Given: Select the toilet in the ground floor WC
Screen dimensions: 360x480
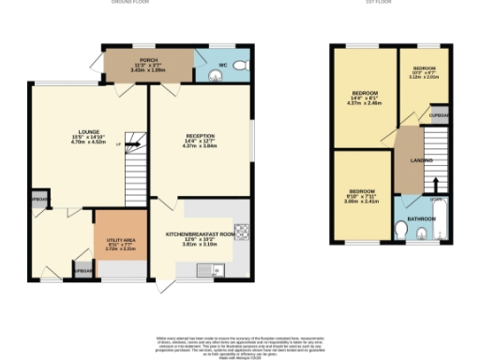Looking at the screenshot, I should coord(238,65).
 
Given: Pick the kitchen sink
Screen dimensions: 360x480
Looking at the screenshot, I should coord(207,272).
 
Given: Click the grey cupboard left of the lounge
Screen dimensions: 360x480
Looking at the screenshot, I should coord(39,200).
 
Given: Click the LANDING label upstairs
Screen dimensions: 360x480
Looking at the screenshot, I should coord(409,161).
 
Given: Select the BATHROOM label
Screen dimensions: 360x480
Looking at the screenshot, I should coord(422,218).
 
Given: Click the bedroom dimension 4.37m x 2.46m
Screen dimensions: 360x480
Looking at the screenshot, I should coord(365,102).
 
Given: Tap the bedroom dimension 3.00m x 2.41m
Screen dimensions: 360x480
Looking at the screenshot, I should coord(361,201).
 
